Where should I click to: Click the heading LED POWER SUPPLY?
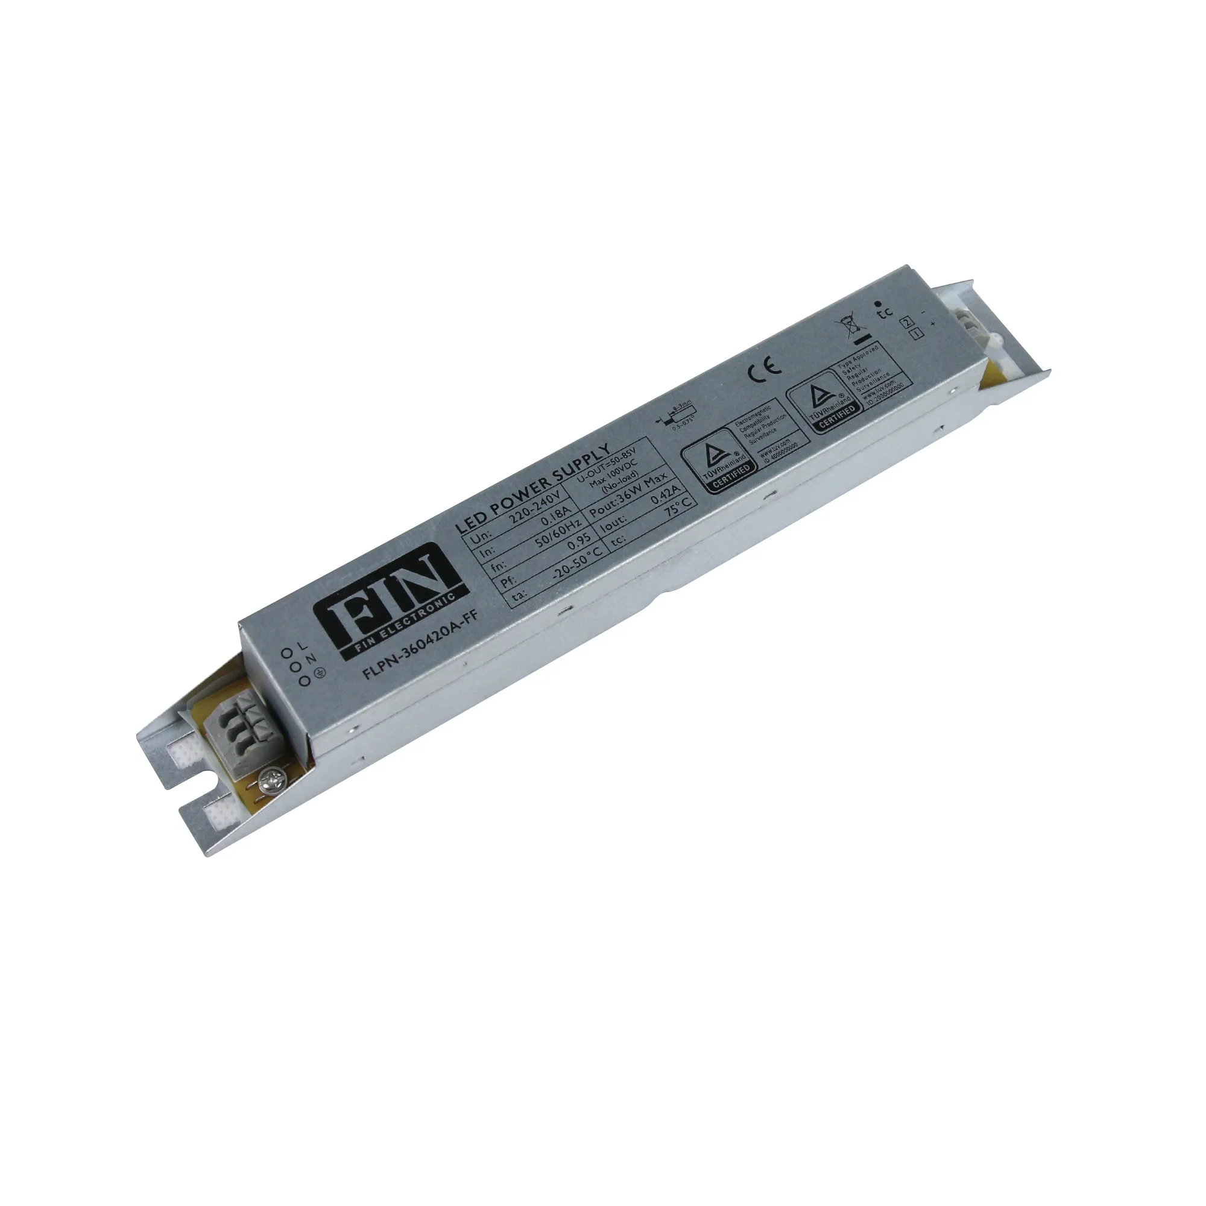pyautogui.click(x=531, y=481)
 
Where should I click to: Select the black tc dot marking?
pyautogui.click(x=879, y=302)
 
